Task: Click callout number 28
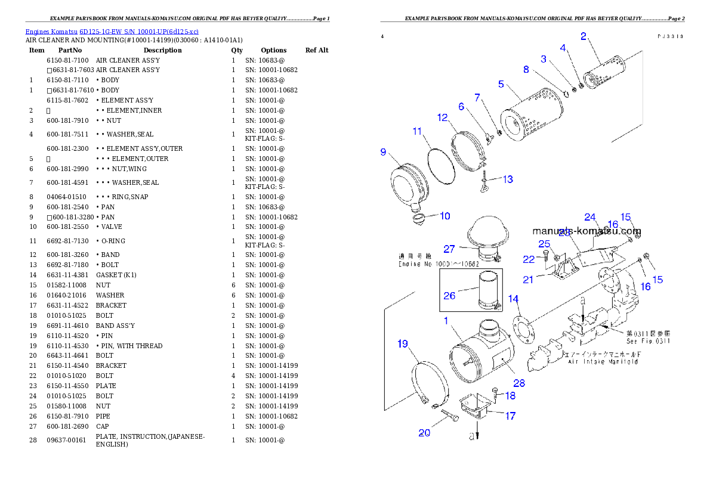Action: [x=519, y=383]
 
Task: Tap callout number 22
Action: [x=529, y=259]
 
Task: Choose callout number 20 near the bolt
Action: [x=424, y=433]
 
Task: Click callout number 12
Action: [x=442, y=118]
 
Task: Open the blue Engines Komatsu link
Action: [x=112, y=32]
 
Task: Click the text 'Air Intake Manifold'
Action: [x=603, y=362]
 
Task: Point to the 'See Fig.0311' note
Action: [x=648, y=342]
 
